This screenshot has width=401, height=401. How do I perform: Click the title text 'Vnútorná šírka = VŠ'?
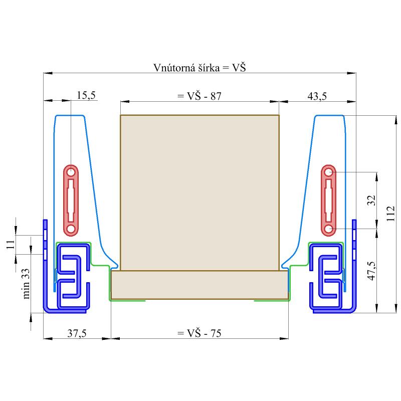pyautogui.click(x=199, y=68)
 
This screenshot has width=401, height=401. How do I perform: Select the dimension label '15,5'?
pyautogui.click(x=86, y=95)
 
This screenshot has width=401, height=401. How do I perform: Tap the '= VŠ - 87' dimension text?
pyautogui.click(x=199, y=96)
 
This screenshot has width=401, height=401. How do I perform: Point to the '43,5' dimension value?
pyautogui.click(x=317, y=96)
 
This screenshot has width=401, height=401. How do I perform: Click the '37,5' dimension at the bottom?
pyautogui.click(x=77, y=333)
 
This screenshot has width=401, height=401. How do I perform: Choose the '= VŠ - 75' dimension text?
pyautogui.click(x=199, y=333)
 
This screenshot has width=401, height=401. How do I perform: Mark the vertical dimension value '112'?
pyautogui.click(x=390, y=214)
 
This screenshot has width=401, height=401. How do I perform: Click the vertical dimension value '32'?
pyautogui.click(x=371, y=200)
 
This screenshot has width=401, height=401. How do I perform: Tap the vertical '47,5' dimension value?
pyautogui.click(x=372, y=271)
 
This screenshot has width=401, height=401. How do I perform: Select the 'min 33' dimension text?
pyautogui.click(x=26, y=284)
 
